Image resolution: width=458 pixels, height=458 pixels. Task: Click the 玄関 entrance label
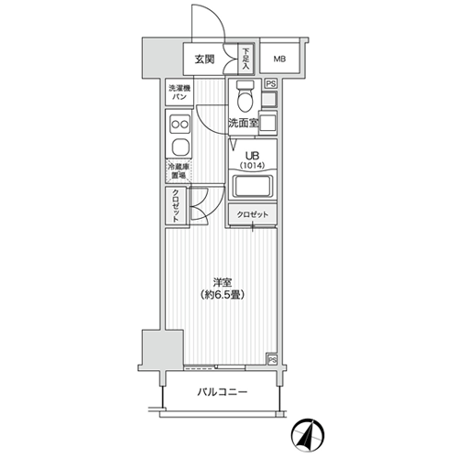click(204, 60)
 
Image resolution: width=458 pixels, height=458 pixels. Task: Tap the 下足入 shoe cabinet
click(245, 59)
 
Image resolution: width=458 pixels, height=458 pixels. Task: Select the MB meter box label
click(279, 59)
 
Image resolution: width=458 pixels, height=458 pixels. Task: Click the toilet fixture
click(245, 96)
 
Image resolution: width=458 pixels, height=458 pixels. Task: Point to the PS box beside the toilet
click(270, 83)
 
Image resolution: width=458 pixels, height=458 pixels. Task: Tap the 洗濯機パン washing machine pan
click(180, 93)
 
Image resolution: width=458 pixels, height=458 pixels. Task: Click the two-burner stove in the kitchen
click(180, 125)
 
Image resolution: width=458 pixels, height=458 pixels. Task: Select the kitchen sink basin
click(180, 147)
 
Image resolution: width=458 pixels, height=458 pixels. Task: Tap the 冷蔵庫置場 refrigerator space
click(179, 171)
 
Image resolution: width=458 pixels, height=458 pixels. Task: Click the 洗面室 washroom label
click(244, 123)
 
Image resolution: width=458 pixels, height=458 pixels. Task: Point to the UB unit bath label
click(253, 156)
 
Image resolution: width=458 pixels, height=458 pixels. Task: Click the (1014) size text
click(252, 166)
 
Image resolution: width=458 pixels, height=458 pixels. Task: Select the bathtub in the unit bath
click(253, 187)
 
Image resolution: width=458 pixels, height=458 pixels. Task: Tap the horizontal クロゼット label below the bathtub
click(253, 214)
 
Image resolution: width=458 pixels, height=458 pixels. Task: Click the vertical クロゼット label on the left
click(176, 206)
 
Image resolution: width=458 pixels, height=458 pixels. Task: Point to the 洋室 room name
click(222, 282)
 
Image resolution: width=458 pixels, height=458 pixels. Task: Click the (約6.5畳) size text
click(222, 295)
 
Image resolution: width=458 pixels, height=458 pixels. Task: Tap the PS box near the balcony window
click(272, 360)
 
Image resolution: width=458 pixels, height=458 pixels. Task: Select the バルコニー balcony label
click(222, 392)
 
